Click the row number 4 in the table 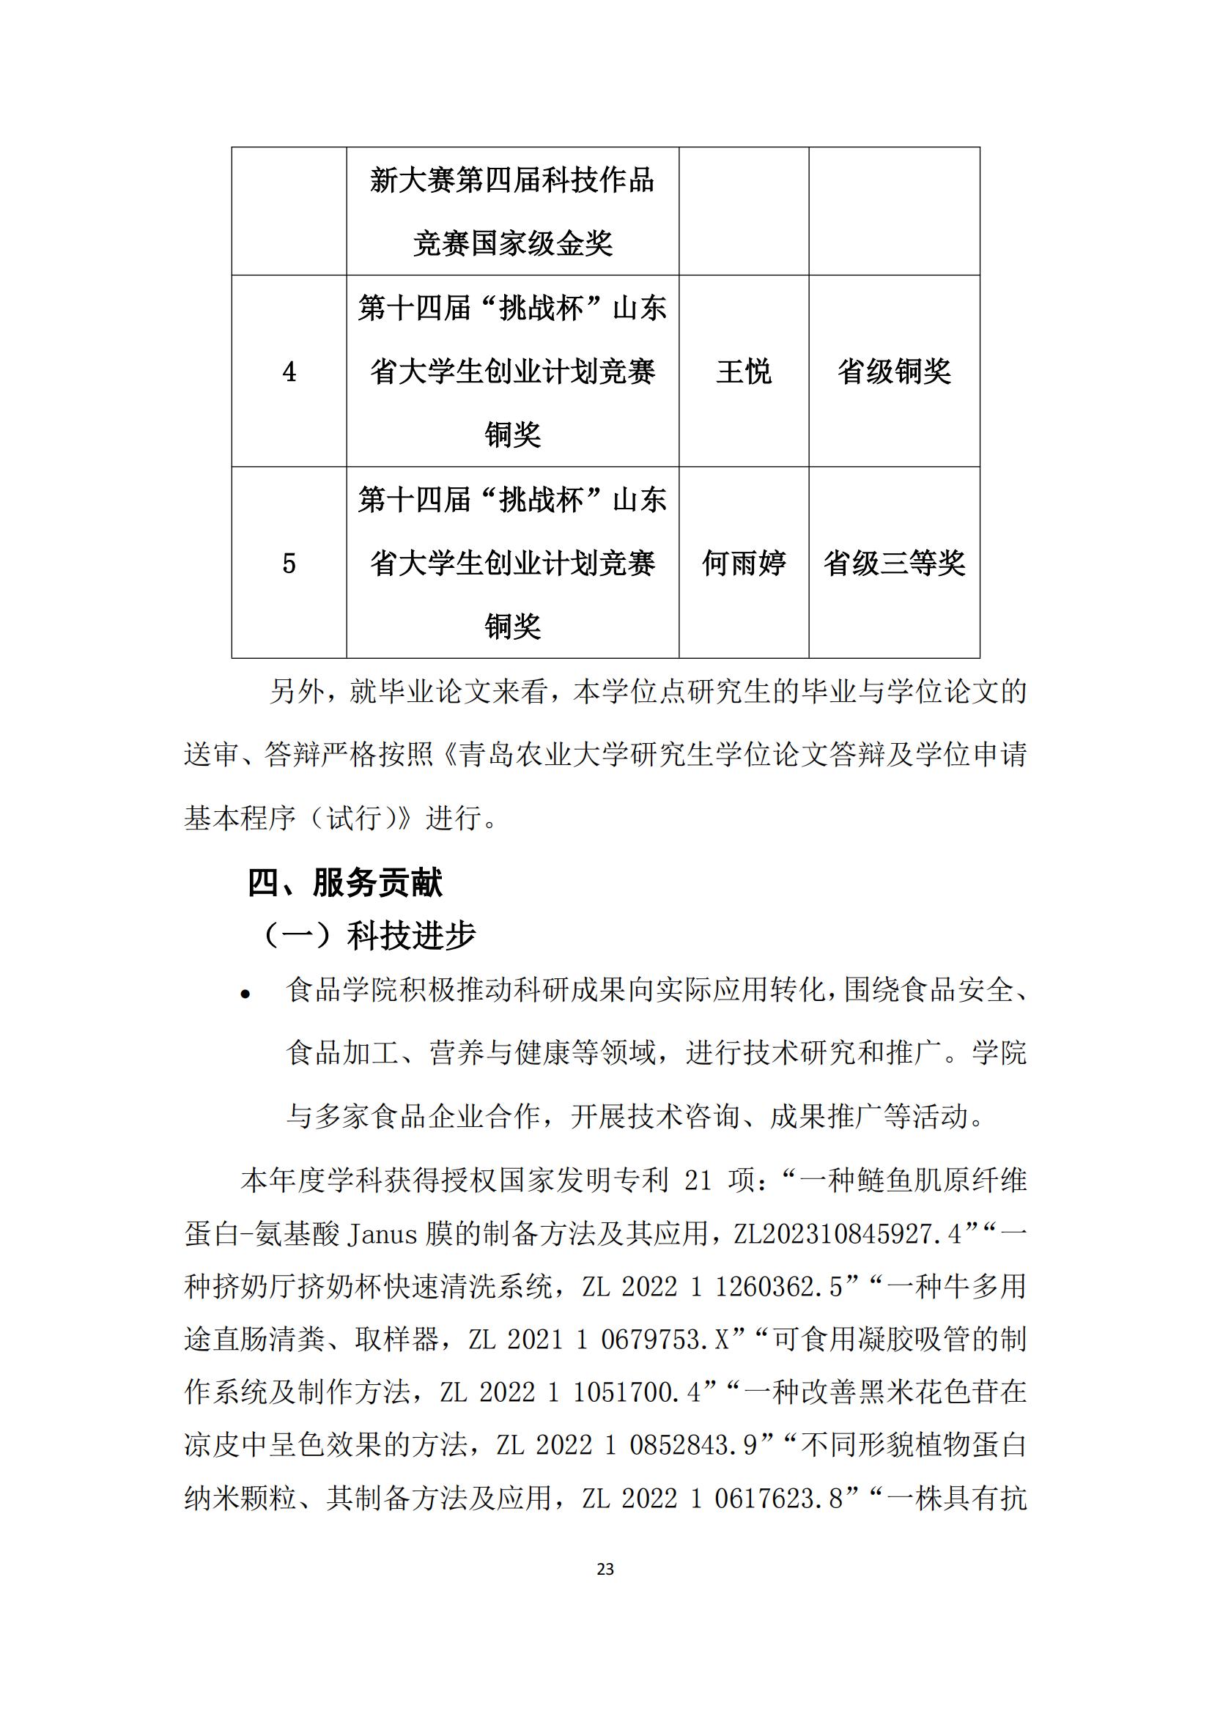(x=289, y=372)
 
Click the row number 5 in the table (x=289, y=564)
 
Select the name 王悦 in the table (x=743, y=372)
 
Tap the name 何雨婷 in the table (x=743, y=564)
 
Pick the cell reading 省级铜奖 (x=894, y=372)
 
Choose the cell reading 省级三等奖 (x=894, y=564)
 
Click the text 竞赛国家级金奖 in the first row (x=513, y=244)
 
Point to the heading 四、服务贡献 (x=345, y=883)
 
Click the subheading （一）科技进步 (x=369, y=936)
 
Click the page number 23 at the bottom (x=605, y=1569)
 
